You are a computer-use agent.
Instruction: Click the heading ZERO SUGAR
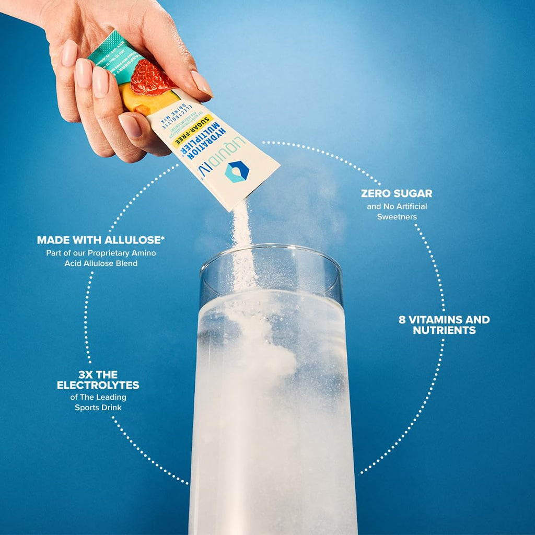click(397, 194)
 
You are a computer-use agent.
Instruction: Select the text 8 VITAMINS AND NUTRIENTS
click(444, 324)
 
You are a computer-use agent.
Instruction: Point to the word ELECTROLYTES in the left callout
click(98, 385)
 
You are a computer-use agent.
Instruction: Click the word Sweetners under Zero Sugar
click(397, 216)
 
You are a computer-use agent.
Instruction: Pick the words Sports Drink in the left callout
click(98, 407)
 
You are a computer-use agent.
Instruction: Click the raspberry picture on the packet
click(150, 77)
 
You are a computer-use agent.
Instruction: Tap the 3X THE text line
click(98, 375)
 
